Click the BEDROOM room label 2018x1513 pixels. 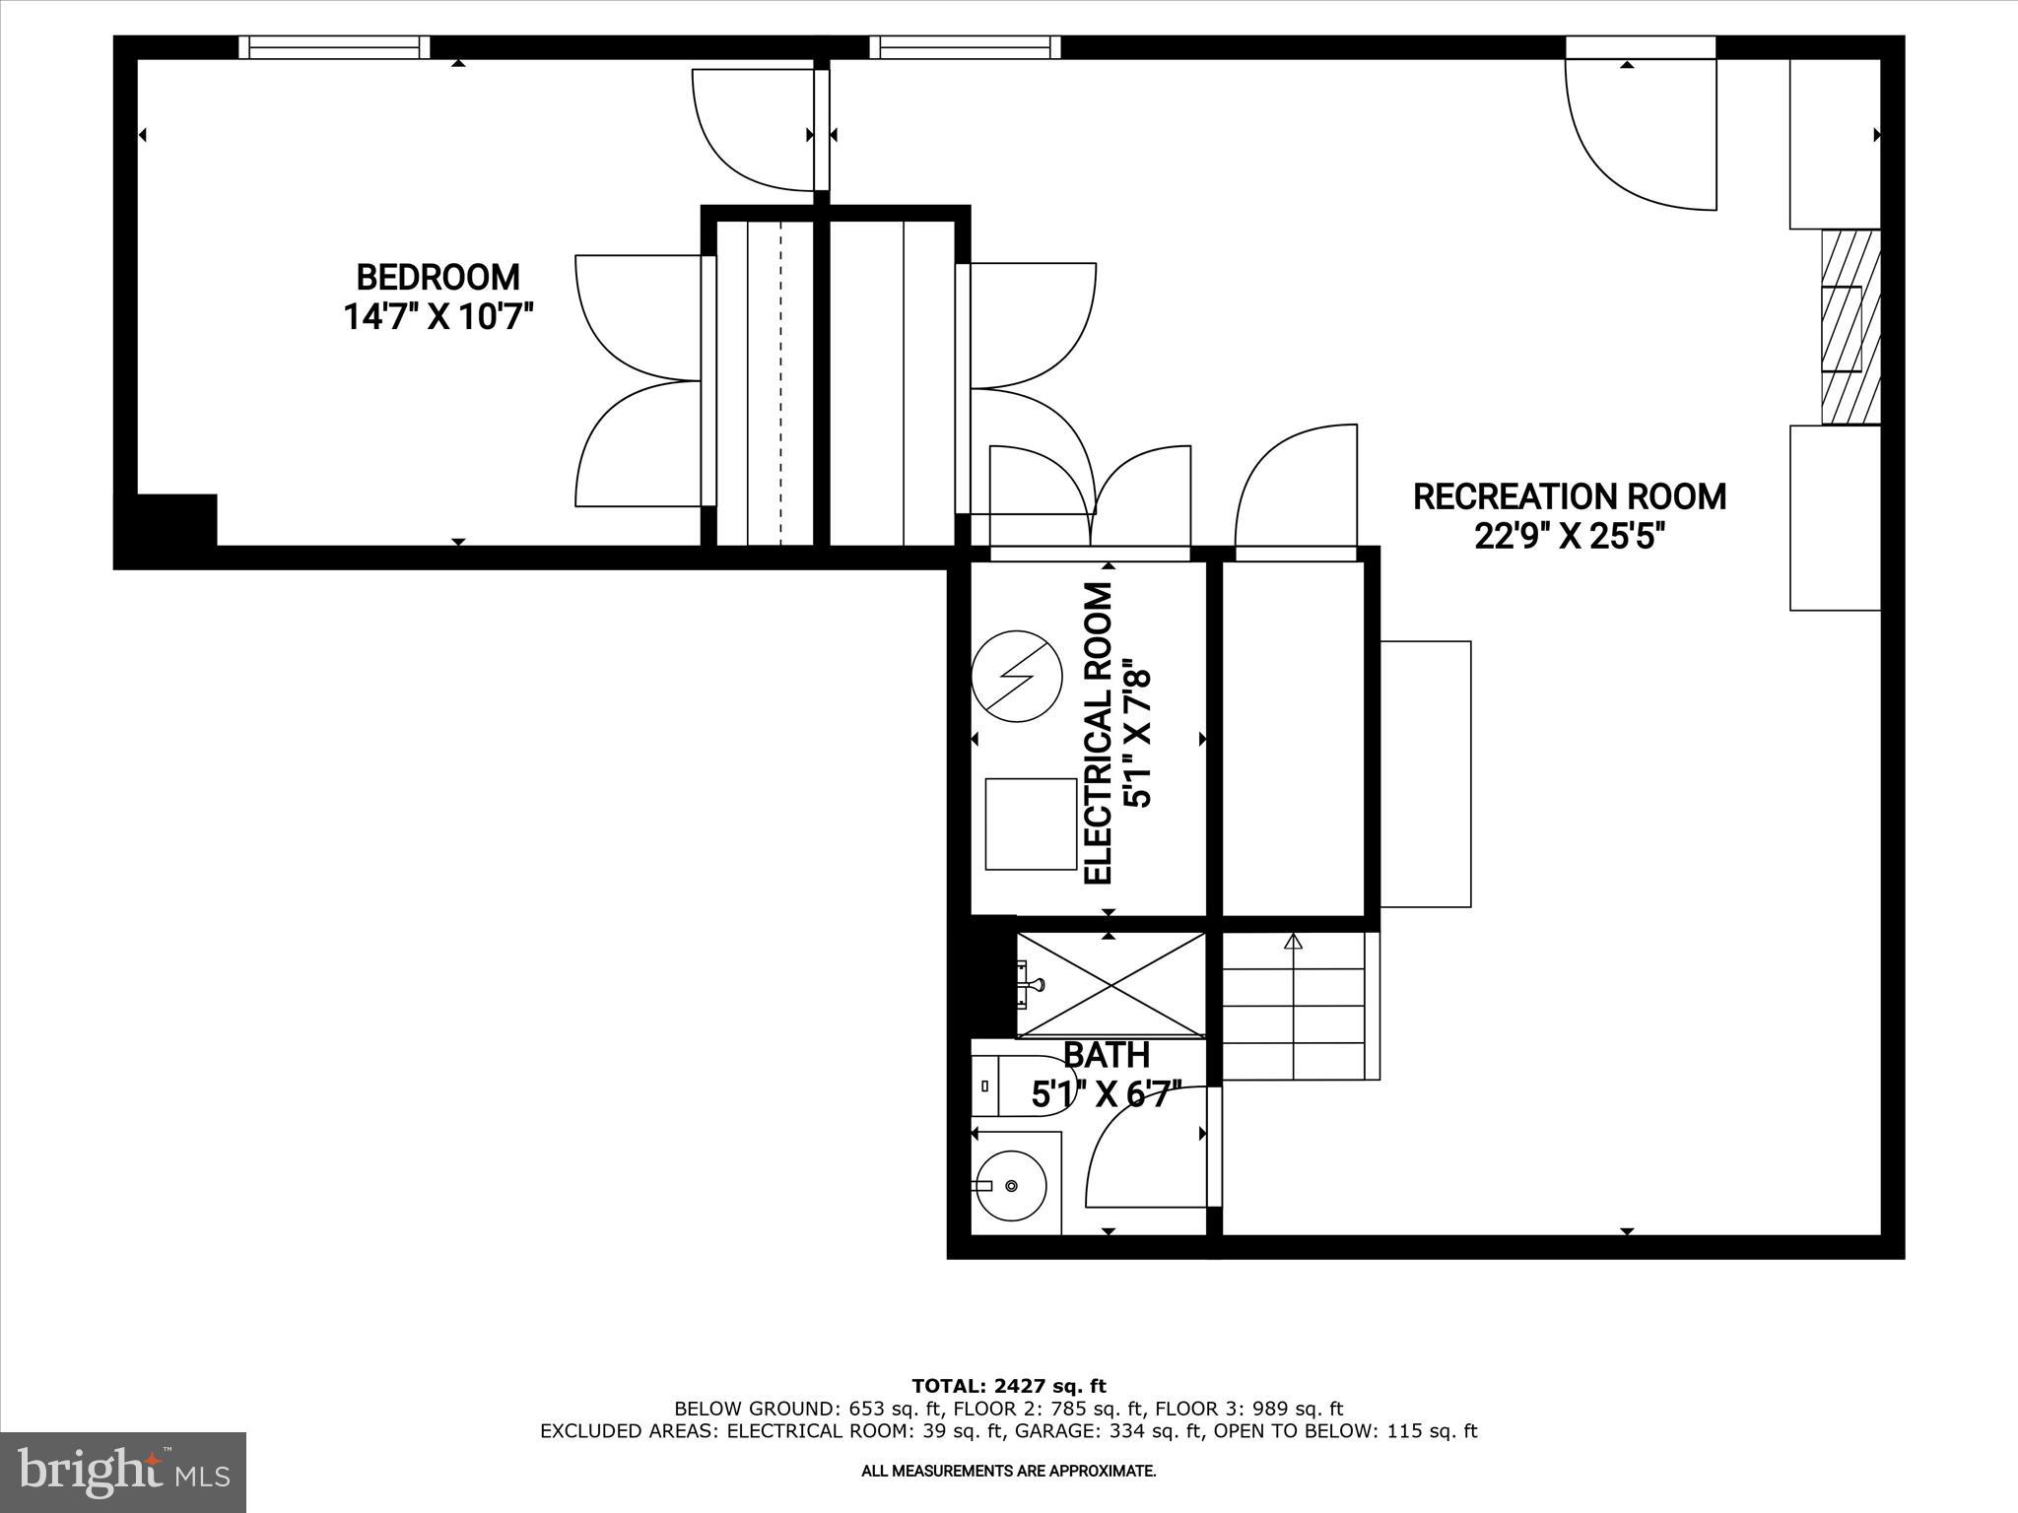(x=437, y=277)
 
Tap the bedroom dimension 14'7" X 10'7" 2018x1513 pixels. (x=437, y=317)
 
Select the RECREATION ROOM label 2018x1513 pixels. (x=1569, y=496)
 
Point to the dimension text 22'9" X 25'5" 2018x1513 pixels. (x=1569, y=537)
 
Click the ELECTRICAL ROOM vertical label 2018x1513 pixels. (x=1098, y=733)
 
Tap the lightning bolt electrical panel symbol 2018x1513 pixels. (x=1017, y=676)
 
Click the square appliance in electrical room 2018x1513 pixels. (x=1031, y=823)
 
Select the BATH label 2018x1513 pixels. (x=1106, y=1055)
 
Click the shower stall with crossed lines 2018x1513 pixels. (x=1110, y=984)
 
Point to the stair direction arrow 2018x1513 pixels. (x=1293, y=943)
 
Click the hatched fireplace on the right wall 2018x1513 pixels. (x=1850, y=327)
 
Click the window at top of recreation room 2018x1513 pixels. (x=966, y=47)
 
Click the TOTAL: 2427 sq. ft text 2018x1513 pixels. (x=1008, y=1387)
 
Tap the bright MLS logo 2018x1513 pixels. (x=123, y=1472)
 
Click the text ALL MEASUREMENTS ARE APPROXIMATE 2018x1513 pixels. (x=1008, y=1472)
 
